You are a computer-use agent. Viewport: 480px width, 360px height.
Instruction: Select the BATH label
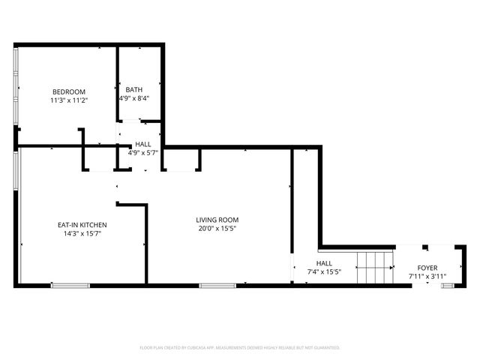click(x=133, y=89)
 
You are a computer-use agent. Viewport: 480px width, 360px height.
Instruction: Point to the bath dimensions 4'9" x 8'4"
click(x=133, y=97)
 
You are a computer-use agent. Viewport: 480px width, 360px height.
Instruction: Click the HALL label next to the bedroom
click(x=142, y=144)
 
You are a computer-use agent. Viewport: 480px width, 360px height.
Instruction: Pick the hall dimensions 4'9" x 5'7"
click(x=142, y=152)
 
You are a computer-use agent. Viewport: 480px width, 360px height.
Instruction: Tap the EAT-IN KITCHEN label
click(x=82, y=225)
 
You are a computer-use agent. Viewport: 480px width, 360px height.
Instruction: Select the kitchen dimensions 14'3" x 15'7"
click(x=82, y=233)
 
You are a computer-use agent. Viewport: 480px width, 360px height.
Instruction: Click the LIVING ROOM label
click(x=217, y=220)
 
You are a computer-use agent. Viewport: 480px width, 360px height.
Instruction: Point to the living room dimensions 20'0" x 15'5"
click(x=217, y=228)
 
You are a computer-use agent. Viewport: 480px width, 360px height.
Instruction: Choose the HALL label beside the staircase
click(x=324, y=263)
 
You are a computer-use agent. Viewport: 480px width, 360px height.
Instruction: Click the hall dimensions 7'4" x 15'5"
click(x=324, y=272)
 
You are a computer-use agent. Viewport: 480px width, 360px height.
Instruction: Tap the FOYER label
click(x=427, y=268)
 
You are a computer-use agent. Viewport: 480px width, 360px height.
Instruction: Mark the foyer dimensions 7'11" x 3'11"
click(x=427, y=276)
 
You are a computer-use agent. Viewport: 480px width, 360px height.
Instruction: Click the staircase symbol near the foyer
click(x=375, y=268)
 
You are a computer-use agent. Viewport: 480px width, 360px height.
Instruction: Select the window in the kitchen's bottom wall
click(x=70, y=285)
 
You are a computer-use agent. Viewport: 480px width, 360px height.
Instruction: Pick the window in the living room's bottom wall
click(x=217, y=285)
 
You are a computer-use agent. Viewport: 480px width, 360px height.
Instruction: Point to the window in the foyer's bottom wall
click(x=448, y=285)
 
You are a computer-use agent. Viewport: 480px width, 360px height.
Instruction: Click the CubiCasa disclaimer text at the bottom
click(x=240, y=347)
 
